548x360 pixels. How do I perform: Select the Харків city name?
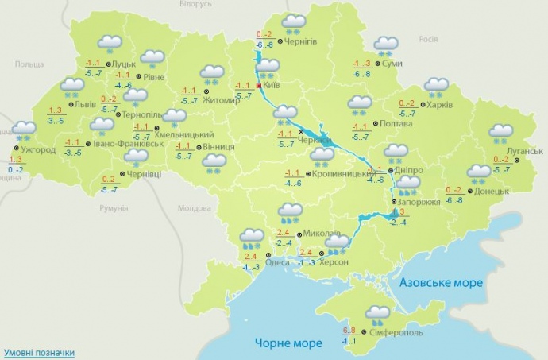tap(442, 104)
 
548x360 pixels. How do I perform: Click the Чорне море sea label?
tap(288, 343)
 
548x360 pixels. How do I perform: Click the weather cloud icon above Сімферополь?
tap(377, 315)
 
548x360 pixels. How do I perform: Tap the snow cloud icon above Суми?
tap(386, 45)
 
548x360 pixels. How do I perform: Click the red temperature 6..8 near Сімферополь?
tap(350, 330)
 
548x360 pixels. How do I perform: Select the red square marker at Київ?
tap(259, 84)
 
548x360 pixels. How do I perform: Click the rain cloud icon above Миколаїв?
tap(289, 213)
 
